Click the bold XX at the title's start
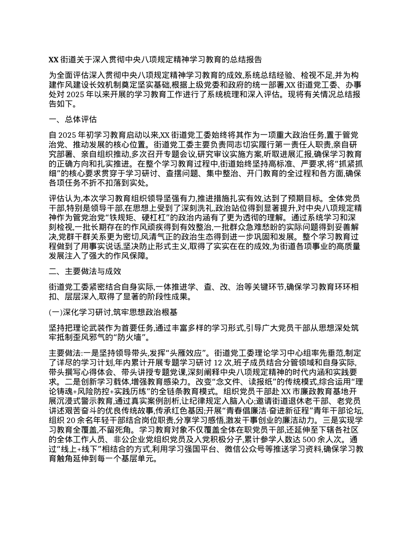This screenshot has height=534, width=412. click(x=52, y=59)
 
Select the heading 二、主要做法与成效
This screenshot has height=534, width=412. click(x=85, y=271)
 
